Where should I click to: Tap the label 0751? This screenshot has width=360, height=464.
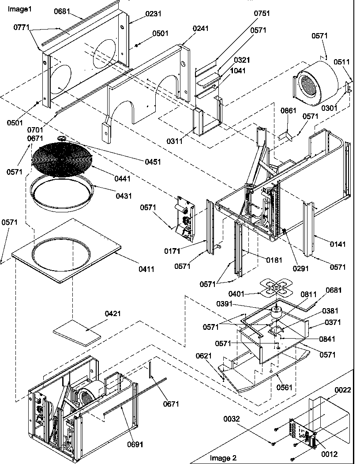pos(262,13)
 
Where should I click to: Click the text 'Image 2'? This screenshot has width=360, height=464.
pos(223,457)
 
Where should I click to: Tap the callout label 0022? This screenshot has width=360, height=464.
pos(343,390)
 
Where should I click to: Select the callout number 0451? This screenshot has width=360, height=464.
pos(153,162)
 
